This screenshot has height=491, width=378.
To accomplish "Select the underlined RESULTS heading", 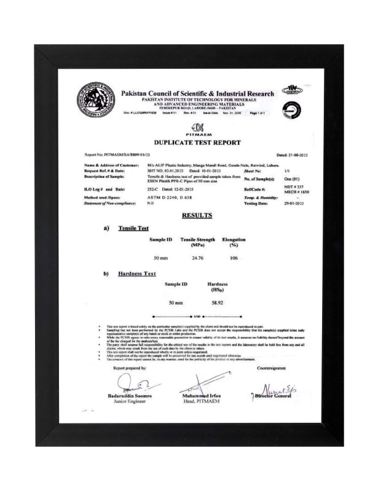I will click(197, 215).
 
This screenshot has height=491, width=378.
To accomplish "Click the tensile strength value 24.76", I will click(197, 258).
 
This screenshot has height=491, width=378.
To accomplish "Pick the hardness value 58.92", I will click(217, 303).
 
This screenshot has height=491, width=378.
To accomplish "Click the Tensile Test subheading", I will click(133, 228).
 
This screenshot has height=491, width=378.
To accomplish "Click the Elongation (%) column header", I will click(234, 241).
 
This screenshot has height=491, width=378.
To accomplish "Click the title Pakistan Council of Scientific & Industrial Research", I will click(197, 93).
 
